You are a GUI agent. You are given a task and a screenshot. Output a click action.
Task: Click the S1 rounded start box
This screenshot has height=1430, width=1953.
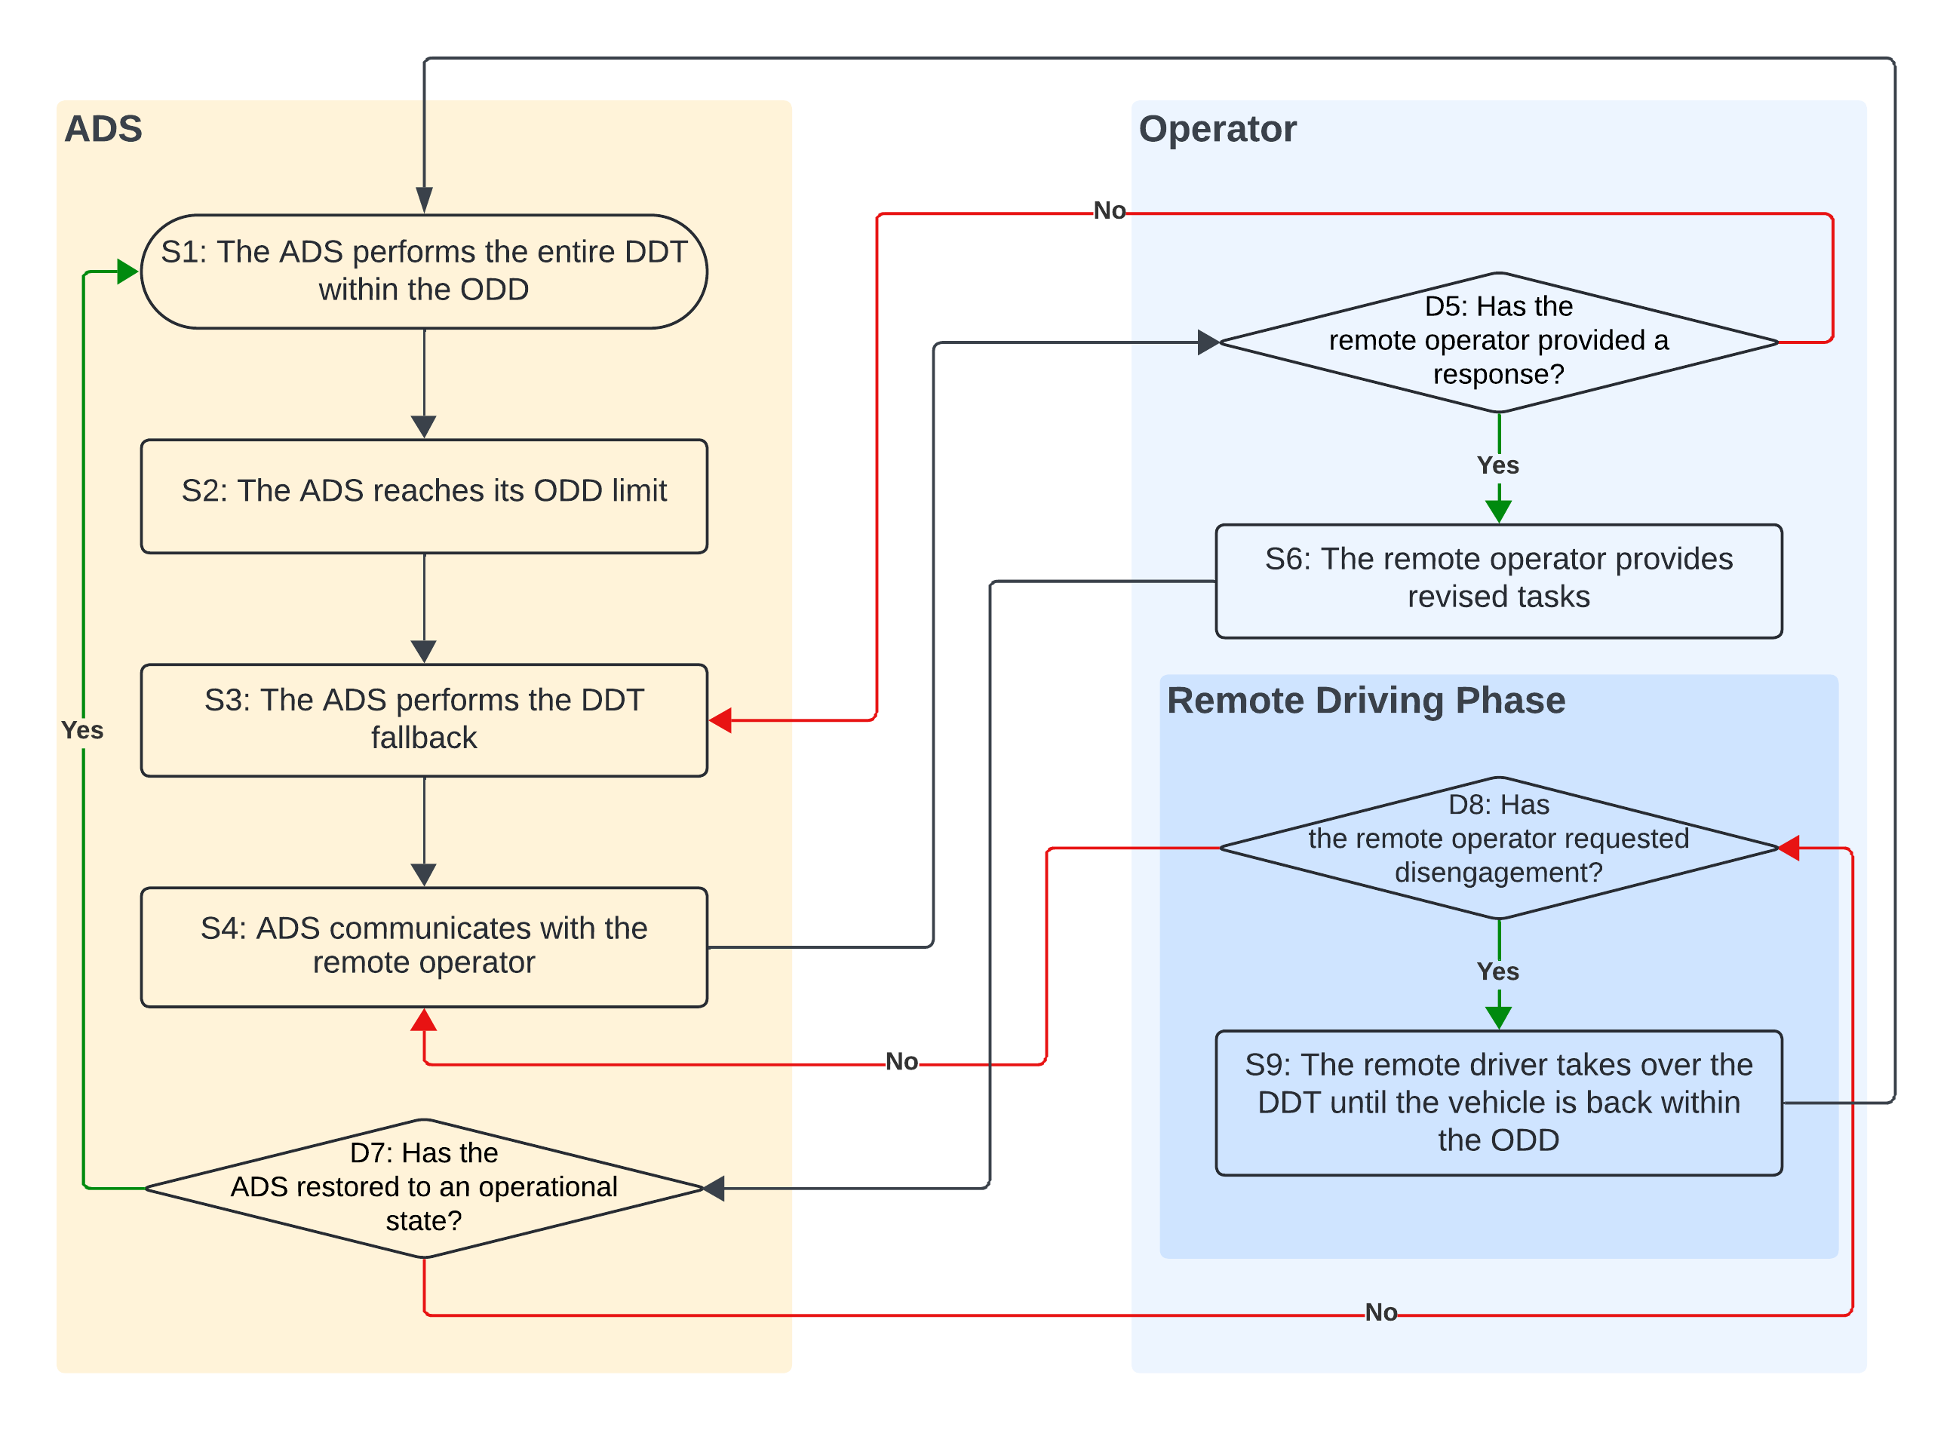point(423,271)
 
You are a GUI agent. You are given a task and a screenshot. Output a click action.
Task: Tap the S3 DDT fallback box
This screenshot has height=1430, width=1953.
point(423,720)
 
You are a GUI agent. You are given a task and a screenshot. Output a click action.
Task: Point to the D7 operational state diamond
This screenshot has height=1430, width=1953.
point(423,1188)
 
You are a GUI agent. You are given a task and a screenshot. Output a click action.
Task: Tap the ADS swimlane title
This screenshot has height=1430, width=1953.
point(103,129)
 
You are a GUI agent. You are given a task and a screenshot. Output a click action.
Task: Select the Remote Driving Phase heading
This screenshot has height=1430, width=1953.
point(1365,699)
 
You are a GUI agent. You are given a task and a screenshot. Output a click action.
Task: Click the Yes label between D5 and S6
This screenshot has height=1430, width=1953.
point(1497,465)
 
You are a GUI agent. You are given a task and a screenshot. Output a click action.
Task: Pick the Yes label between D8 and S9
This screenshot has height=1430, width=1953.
point(1497,971)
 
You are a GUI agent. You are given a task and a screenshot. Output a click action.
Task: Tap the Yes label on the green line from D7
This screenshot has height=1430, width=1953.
point(82,730)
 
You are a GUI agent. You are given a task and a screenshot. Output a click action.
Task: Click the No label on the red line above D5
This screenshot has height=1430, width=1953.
point(1109,210)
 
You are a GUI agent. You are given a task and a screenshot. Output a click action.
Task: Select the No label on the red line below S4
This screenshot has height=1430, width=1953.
point(901,1061)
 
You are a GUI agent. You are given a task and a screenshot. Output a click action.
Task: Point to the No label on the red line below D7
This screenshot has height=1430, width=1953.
point(1380,1312)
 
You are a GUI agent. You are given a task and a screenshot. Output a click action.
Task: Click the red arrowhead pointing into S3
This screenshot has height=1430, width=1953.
point(720,720)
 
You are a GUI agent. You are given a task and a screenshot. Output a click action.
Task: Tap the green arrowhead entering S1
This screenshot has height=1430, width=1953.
point(127,271)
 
